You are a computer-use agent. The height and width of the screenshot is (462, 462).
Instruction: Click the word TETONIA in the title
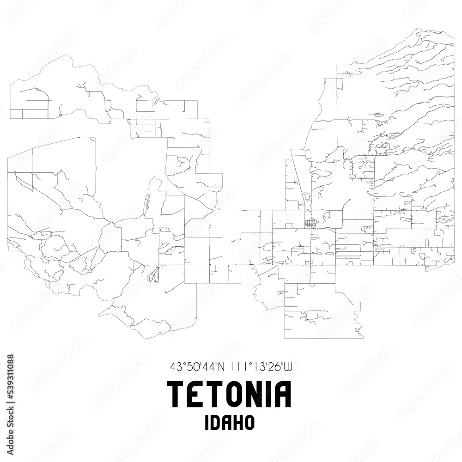[231, 395]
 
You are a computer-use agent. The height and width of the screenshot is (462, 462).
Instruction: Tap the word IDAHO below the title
[231, 423]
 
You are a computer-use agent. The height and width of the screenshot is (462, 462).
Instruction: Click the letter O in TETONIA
[229, 395]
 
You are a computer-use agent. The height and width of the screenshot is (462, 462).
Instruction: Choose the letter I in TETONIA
[268, 395]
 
